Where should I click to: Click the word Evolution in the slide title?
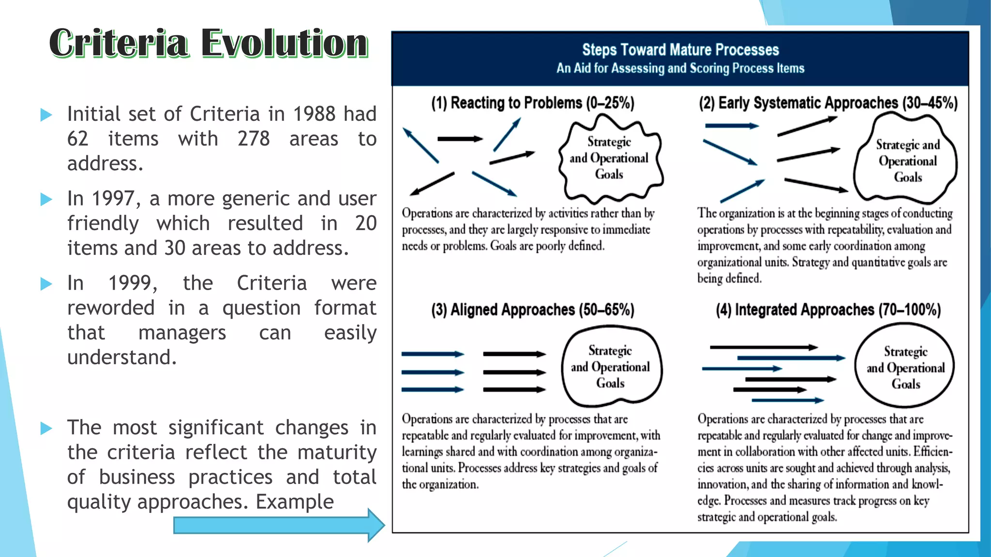click(x=285, y=44)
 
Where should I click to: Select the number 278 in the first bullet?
click(x=254, y=139)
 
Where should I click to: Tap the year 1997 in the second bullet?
click(x=114, y=199)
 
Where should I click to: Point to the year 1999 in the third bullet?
click(x=132, y=283)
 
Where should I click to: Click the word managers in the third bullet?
click(x=182, y=333)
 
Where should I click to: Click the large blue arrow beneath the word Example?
click(x=278, y=525)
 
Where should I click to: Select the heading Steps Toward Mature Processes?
click(x=680, y=50)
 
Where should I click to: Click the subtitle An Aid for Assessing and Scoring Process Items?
click(x=680, y=68)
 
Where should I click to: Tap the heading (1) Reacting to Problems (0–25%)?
click(x=533, y=103)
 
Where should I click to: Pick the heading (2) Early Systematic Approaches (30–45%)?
click(x=828, y=103)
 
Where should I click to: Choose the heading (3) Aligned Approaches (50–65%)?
click(x=533, y=309)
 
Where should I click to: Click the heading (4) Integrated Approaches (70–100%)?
click(x=828, y=309)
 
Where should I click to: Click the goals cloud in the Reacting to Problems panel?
click(x=610, y=159)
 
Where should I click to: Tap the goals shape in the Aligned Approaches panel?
click(x=611, y=366)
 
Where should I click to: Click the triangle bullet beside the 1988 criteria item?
click(x=46, y=115)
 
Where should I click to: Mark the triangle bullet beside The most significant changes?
click(x=46, y=428)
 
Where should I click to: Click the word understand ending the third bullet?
click(x=122, y=357)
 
